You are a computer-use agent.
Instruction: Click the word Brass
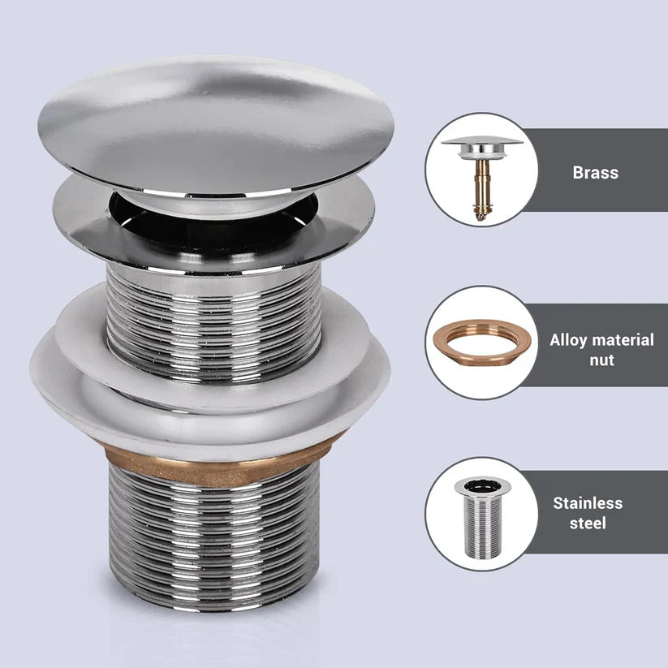point(595,172)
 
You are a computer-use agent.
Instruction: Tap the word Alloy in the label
point(567,340)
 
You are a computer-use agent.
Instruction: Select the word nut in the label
point(601,360)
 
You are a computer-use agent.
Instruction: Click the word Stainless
point(588,502)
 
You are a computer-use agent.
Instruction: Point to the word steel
point(588,523)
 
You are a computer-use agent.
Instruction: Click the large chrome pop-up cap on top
point(215,122)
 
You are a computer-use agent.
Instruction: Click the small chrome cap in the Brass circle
point(482,146)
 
